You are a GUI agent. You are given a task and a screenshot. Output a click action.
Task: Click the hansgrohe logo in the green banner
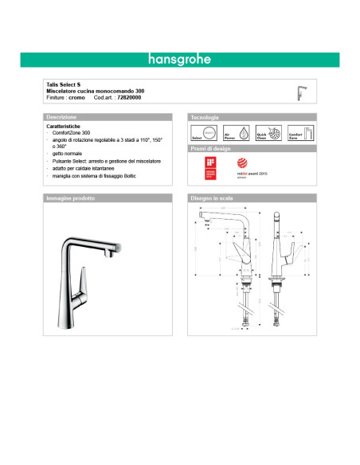pyautogui.click(x=179, y=58)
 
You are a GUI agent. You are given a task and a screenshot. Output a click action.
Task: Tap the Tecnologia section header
pyautogui.click(x=205, y=116)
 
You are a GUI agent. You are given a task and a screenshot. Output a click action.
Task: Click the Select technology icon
pyautogui.click(x=202, y=133)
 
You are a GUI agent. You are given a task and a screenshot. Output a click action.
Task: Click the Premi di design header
pyautogui.click(x=211, y=149)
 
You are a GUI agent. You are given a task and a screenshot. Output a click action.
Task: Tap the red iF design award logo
pyautogui.click(x=210, y=168)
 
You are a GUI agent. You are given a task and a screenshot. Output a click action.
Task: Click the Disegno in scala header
pyautogui.click(x=211, y=197)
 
